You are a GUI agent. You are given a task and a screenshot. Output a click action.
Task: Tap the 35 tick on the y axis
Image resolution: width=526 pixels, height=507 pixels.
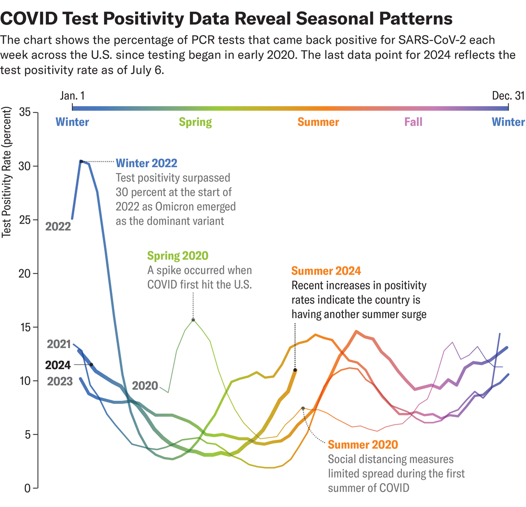(25, 112)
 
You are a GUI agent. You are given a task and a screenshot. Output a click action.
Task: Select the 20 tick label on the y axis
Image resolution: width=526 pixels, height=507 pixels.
(25, 273)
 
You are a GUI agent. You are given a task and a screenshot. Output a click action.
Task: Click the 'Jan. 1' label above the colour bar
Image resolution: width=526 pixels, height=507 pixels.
(73, 96)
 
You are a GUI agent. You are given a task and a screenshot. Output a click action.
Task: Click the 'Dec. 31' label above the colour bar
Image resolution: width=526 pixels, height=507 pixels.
(508, 96)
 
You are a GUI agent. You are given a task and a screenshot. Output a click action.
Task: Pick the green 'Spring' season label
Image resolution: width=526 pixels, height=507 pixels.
(195, 123)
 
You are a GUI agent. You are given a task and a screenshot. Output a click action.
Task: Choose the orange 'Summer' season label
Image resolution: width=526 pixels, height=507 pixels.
(318, 123)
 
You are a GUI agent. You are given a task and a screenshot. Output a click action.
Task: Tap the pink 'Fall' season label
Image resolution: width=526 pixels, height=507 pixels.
(413, 123)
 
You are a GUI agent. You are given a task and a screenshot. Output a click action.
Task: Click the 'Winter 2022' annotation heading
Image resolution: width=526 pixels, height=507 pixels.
(146, 163)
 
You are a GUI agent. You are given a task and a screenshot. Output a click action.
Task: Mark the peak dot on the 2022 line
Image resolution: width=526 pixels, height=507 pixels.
(81, 161)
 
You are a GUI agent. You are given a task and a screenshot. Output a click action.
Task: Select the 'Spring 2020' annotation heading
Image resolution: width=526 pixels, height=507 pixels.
(177, 256)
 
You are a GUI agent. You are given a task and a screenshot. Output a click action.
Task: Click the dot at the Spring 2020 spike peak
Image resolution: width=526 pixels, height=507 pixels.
(193, 320)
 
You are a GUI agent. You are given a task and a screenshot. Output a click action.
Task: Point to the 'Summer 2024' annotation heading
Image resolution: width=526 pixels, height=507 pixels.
(326, 271)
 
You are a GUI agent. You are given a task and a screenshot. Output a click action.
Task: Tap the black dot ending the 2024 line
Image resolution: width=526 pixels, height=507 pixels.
(295, 370)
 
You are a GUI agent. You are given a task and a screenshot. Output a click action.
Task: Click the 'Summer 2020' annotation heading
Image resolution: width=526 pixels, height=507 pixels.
(363, 445)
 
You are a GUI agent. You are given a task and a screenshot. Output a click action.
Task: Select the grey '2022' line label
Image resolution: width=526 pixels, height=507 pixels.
(58, 227)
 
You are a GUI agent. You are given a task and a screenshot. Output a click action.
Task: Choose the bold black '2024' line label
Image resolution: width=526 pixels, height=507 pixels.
(58, 364)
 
